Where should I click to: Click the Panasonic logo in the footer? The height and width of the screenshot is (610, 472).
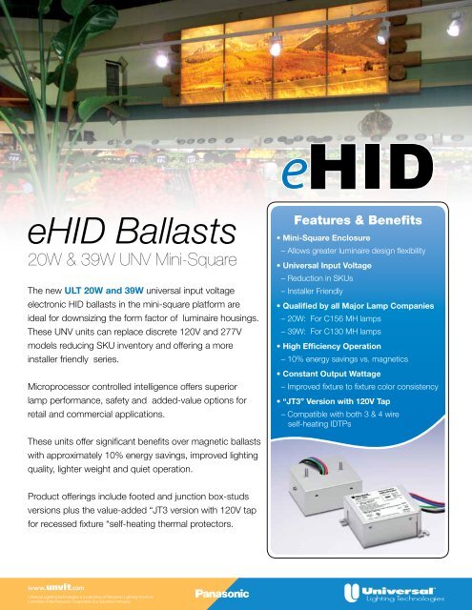(x=222, y=592)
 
